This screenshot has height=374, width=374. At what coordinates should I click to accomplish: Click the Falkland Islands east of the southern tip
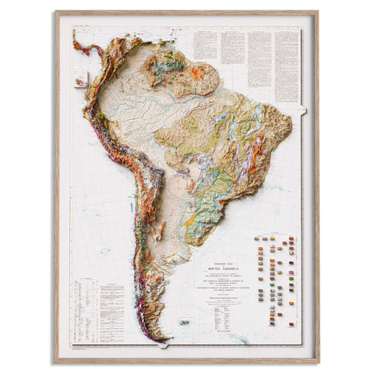(184, 320)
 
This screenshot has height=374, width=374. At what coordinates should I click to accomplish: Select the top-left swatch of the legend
(259, 241)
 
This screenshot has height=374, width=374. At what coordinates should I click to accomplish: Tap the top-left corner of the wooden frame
(55, 12)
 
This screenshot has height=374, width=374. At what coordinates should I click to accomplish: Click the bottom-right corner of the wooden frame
(319, 362)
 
